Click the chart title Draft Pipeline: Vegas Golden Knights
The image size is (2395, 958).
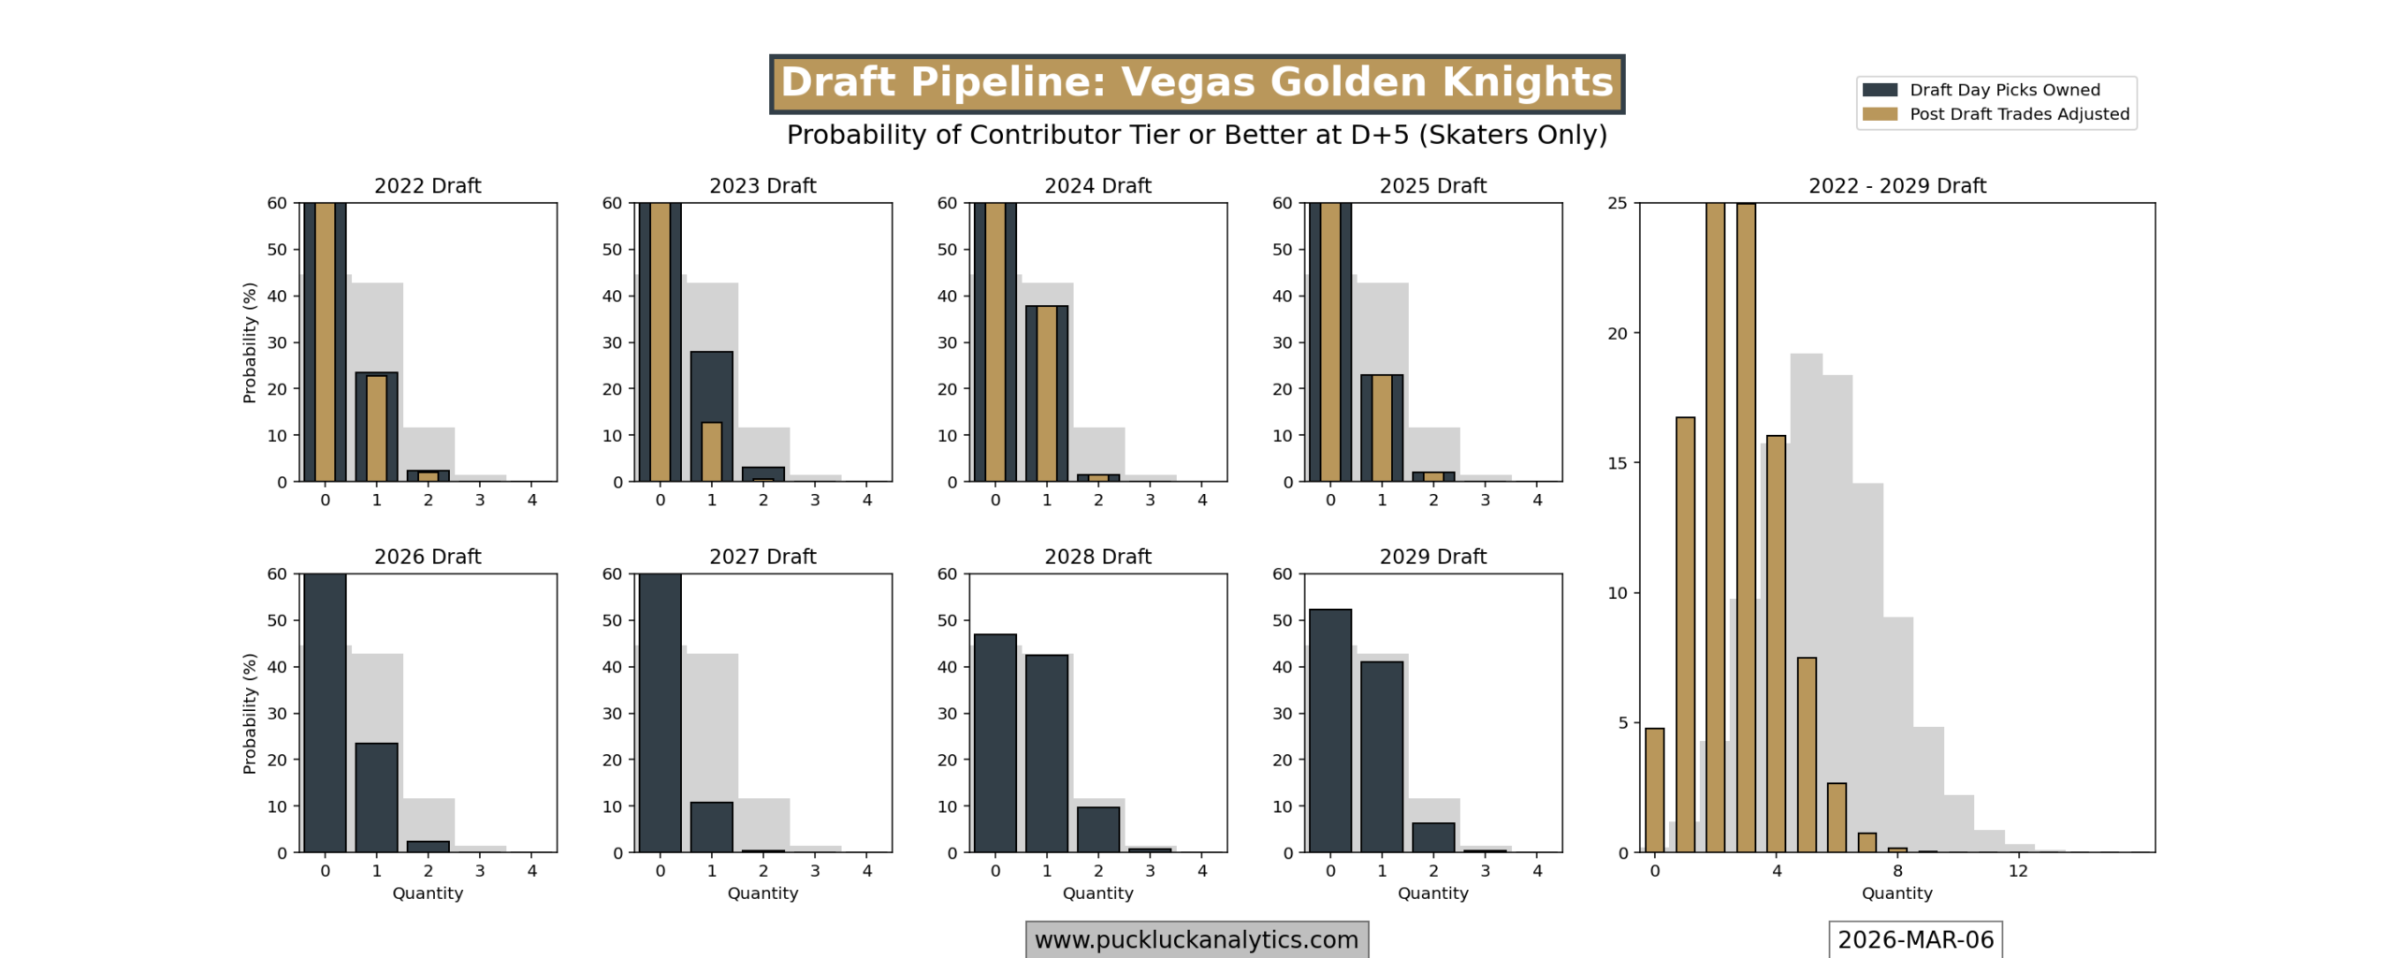(1196, 82)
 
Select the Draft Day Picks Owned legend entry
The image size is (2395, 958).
(2003, 90)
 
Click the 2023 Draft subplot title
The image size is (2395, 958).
(762, 185)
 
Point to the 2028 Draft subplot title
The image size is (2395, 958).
(1096, 557)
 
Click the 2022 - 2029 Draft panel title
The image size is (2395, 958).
(1896, 185)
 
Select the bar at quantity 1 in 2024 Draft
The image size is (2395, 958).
(1046, 393)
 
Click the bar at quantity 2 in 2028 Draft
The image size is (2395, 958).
(1097, 829)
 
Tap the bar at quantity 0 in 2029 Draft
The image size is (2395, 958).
(1329, 730)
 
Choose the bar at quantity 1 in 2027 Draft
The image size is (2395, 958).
(711, 827)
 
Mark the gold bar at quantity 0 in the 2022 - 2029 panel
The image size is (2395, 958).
(1654, 790)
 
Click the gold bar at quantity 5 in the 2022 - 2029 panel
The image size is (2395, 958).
(1806, 754)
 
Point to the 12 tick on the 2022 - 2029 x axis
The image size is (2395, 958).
(2018, 871)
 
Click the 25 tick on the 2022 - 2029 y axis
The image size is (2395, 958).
(1617, 203)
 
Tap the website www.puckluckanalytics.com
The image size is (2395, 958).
(1196, 939)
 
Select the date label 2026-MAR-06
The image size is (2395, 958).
(1915, 939)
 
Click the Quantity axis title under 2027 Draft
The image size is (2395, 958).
(762, 893)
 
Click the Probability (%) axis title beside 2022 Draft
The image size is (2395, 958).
(249, 342)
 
